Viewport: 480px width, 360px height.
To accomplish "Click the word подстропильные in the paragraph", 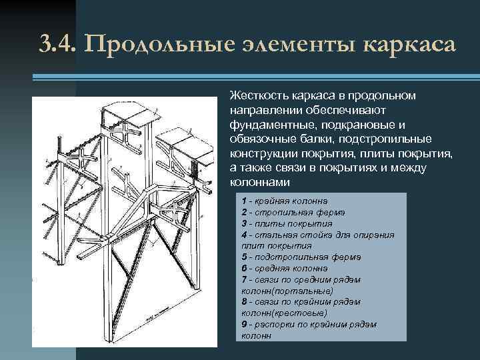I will coord(395,139).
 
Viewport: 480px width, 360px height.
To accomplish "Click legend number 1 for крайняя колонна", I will coord(244,200).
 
